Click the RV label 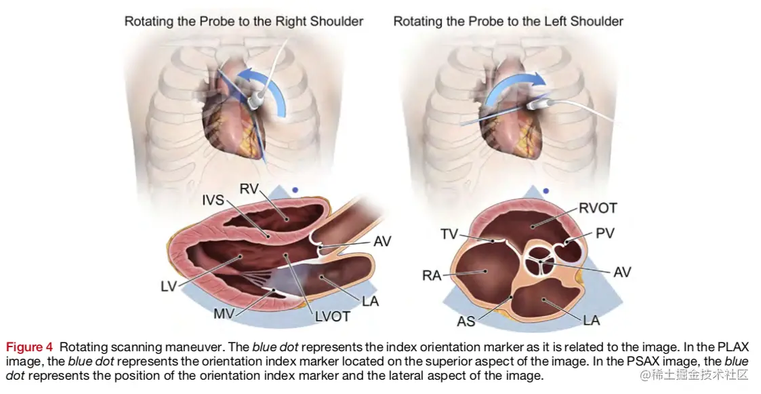[x=251, y=190]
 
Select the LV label [x=168, y=287]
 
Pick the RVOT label [x=598, y=208]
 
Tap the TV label [x=449, y=234]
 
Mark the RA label [x=432, y=275]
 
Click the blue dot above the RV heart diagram [x=294, y=191]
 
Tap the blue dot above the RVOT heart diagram [x=546, y=192]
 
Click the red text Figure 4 [x=29, y=348]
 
